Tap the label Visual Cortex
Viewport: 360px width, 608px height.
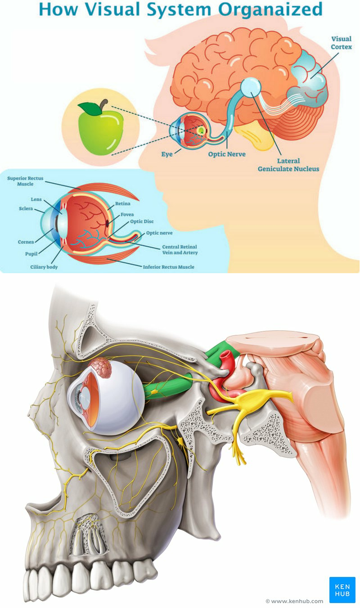342,43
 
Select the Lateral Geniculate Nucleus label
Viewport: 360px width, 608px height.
288,165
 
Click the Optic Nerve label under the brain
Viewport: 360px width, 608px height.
227,154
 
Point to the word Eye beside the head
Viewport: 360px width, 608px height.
167,154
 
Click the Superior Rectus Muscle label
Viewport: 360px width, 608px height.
25,181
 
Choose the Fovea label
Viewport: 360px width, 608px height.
127,215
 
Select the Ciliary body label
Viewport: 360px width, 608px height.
44,267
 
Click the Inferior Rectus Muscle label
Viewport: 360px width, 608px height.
168,267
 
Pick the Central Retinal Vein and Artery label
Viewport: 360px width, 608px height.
180,250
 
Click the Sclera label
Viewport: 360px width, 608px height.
26,209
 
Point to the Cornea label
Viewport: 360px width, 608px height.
26,242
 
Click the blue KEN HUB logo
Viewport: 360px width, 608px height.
342,590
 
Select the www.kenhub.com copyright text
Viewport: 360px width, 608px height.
294,601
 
